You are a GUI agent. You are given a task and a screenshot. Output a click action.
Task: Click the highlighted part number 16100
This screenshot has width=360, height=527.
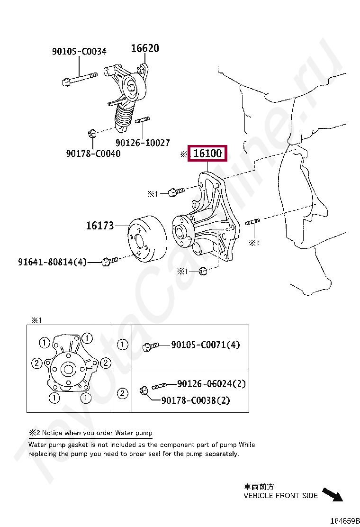point(208,154)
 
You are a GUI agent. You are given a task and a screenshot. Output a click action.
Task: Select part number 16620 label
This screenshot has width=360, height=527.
point(145,48)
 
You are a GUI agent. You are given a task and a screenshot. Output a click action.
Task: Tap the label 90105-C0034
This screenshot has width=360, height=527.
point(79,51)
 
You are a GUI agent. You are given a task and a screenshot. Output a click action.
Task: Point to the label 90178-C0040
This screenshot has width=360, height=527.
point(93,153)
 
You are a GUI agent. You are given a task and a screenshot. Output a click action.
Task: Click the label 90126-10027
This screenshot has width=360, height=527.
point(143,142)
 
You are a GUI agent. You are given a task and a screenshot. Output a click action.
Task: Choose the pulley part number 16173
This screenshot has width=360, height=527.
point(99,226)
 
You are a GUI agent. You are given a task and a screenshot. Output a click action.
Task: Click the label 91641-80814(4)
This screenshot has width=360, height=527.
point(53,261)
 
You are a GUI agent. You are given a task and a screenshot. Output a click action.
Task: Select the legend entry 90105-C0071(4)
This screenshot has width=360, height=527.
point(205,345)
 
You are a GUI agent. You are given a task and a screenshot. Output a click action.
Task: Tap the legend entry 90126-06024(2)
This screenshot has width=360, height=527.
point(211,383)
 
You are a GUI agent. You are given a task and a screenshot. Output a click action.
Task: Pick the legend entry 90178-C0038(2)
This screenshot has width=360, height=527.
point(196,400)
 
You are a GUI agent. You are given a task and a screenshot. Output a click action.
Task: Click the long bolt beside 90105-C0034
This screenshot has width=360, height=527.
point(79,78)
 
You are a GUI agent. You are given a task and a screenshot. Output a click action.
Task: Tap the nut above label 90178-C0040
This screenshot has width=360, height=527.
point(93,133)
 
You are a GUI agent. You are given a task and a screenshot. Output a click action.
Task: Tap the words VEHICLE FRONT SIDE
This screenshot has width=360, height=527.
point(280,496)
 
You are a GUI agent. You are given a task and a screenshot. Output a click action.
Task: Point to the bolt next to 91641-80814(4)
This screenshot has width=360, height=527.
point(109,261)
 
